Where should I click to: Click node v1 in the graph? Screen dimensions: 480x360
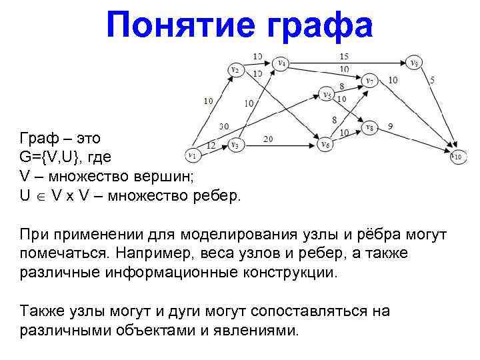[x=193, y=156]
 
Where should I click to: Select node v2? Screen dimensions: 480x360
[x=235, y=69]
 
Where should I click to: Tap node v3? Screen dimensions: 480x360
[x=235, y=143]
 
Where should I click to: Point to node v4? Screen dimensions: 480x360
[x=283, y=63]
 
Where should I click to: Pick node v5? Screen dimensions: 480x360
[x=326, y=95]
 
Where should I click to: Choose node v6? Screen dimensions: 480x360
[x=325, y=144]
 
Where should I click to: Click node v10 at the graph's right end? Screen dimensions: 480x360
[x=456, y=157]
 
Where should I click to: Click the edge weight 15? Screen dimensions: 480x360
[x=344, y=56]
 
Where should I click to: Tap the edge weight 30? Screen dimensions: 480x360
[x=224, y=126]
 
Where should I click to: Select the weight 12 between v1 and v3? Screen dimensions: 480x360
[x=211, y=144]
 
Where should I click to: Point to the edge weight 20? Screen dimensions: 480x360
[x=269, y=139]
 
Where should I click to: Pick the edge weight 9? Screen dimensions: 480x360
[x=391, y=125]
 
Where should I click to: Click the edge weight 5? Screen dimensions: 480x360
[x=432, y=80]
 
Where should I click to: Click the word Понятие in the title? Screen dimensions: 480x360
[x=174, y=27]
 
